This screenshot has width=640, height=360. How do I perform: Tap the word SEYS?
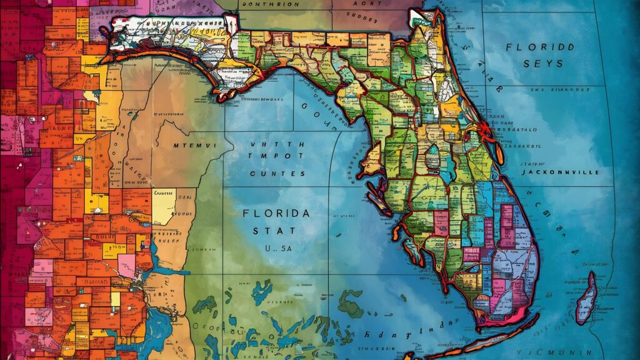[543, 64]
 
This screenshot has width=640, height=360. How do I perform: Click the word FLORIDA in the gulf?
[276, 214]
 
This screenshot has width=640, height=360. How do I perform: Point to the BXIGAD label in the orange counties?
[94, 282]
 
